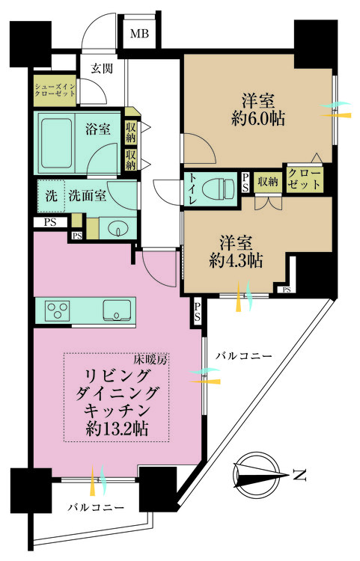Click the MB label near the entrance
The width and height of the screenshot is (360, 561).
pyautogui.click(x=140, y=34)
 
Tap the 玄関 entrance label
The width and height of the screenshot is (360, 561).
pyautogui.click(x=103, y=69)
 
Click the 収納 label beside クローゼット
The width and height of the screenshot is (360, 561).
pyautogui.click(x=267, y=180)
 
